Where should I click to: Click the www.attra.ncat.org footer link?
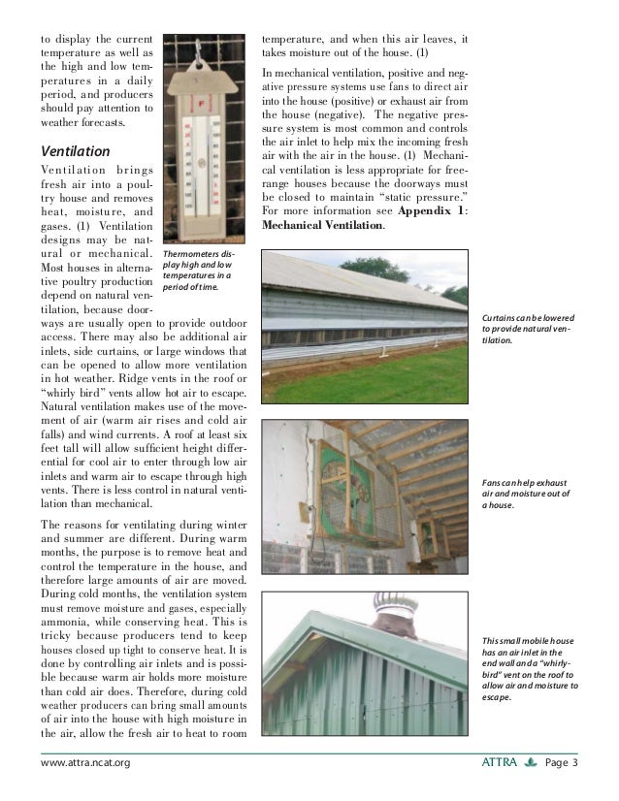pyautogui.click(x=83, y=763)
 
